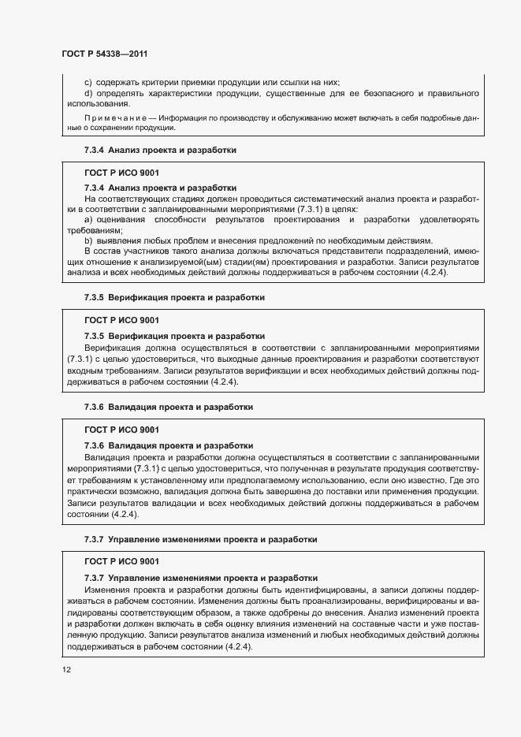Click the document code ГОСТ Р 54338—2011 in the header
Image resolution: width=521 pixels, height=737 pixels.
pyautogui.click(x=105, y=54)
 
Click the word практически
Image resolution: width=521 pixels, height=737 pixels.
pyautogui.click(x=96, y=493)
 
